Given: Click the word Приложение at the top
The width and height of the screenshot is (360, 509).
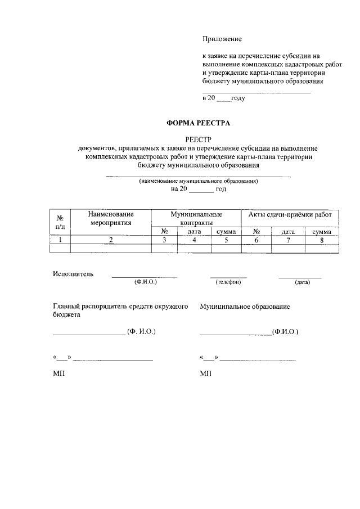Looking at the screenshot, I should pos(222,39).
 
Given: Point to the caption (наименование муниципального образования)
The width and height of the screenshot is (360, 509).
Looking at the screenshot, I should pos(198,182).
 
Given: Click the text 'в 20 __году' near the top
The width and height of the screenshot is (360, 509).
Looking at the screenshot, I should pos(223,98).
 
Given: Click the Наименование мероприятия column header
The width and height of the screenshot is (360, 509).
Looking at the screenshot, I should pos(111,218).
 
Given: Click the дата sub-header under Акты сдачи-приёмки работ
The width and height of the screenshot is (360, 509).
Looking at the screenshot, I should pos(288,231).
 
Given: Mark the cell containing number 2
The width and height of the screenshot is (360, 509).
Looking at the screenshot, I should pos(111,240).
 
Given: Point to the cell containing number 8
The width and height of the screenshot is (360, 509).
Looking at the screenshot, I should pos(322,240).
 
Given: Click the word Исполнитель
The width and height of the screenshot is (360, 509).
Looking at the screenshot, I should pos(73,274).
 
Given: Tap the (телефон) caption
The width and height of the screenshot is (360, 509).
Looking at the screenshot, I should pos(228,282).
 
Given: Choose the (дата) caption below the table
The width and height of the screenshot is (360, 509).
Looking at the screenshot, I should pos(302,282).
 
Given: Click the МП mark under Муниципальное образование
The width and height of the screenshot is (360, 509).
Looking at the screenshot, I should pos(205,373).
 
